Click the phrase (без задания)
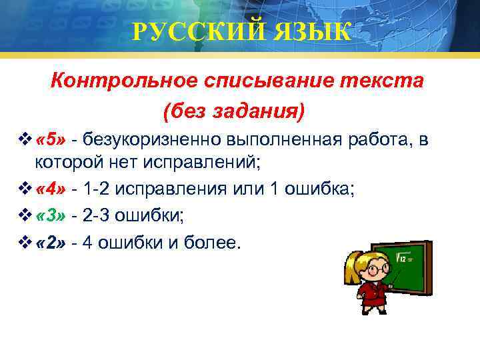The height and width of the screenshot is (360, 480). tap(233, 111)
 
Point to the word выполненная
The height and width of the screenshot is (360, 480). tap(289, 139)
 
